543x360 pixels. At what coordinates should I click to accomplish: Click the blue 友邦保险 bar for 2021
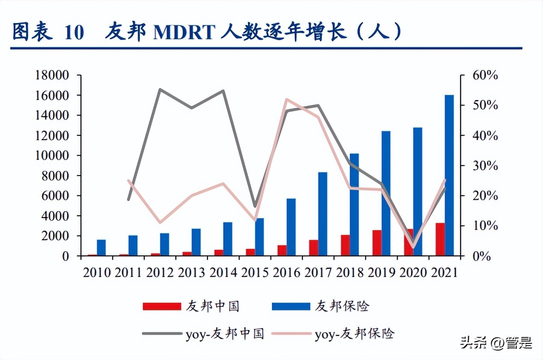(x=449, y=175)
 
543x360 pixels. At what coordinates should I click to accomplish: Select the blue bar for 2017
(x=323, y=214)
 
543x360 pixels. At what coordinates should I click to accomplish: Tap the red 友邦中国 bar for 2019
(x=377, y=243)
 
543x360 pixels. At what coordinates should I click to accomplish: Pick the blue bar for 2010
(x=101, y=248)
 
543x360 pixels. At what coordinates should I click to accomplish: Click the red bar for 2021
(x=440, y=239)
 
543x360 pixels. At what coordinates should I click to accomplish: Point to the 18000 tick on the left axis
(x=51, y=75)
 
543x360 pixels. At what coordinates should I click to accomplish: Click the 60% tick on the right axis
(x=485, y=75)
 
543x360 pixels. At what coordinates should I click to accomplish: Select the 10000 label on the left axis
(x=51, y=156)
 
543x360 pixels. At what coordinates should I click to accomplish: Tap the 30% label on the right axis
(x=485, y=166)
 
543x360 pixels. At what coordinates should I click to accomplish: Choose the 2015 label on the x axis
(x=255, y=272)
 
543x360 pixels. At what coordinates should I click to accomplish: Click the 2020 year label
(x=413, y=272)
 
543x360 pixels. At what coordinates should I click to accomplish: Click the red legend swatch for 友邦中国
(x=162, y=306)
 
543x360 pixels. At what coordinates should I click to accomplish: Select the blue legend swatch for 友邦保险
(x=291, y=306)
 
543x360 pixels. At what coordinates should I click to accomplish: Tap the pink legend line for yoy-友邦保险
(x=291, y=334)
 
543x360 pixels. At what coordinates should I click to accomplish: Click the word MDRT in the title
(x=183, y=33)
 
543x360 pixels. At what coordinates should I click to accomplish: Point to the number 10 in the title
(x=74, y=33)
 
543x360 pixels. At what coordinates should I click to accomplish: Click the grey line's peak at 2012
(x=160, y=89)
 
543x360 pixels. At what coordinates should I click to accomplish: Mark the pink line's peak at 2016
(x=286, y=99)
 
